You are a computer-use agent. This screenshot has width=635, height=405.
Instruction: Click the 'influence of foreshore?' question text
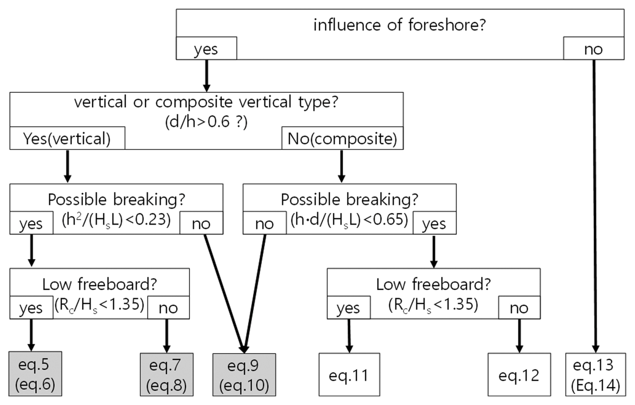pyautogui.click(x=400, y=25)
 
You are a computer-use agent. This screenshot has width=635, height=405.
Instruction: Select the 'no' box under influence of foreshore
pyautogui.click(x=593, y=49)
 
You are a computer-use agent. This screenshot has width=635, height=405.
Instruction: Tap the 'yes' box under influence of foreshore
pyautogui.click(x=206, y=49)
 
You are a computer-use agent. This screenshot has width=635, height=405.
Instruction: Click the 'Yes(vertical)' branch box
pyautogui.click(x=67, y=139)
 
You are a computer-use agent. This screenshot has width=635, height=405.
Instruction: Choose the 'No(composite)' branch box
pyautogui.click(x=342, y=139)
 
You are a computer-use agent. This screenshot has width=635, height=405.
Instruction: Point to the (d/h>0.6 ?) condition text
pyautogui.click(x=206, y=122)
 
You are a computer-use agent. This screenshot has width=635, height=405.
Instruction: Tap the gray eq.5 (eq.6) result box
pyautogui.click(x=35, y=374)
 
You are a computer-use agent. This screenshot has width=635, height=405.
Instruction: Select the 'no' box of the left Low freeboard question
pyautogui.click(x=168, y=308)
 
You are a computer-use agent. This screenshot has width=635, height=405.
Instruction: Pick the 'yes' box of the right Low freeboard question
pyautogui.click(x=348, y=308)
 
